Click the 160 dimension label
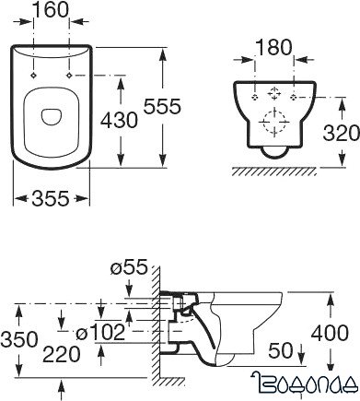pos(51,9)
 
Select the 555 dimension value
pos(163,106)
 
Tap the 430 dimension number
pos(120,120)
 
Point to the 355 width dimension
pos(51,198)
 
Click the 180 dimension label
pos(273,48)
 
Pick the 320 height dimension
pos(342,133)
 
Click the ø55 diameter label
pos(129,267)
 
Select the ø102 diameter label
pos(100,333)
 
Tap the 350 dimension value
pos(19,339)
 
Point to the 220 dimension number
pos(62,354)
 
